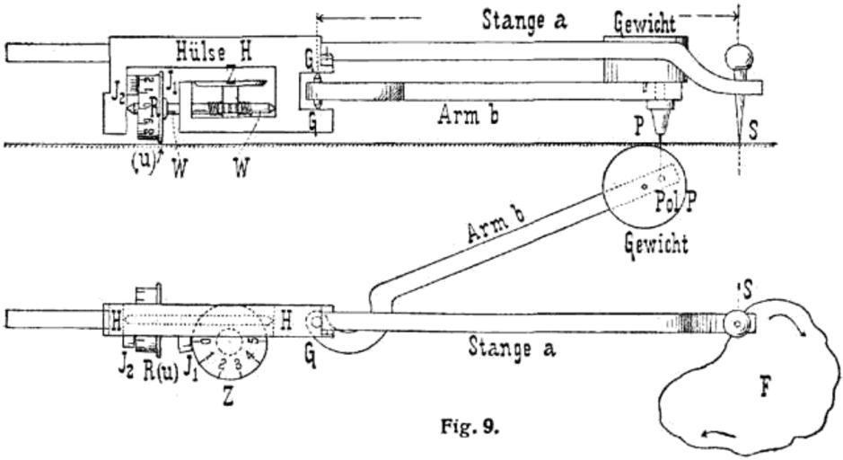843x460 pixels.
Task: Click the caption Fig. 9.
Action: coord(469,426)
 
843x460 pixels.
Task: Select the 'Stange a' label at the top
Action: coord(525,19)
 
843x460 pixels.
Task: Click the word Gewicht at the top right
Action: coord(645,22)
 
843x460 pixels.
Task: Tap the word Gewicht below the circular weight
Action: coord(656,243)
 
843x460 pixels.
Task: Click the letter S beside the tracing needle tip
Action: coord(752,131)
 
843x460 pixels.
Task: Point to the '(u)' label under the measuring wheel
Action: coord(142,164)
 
